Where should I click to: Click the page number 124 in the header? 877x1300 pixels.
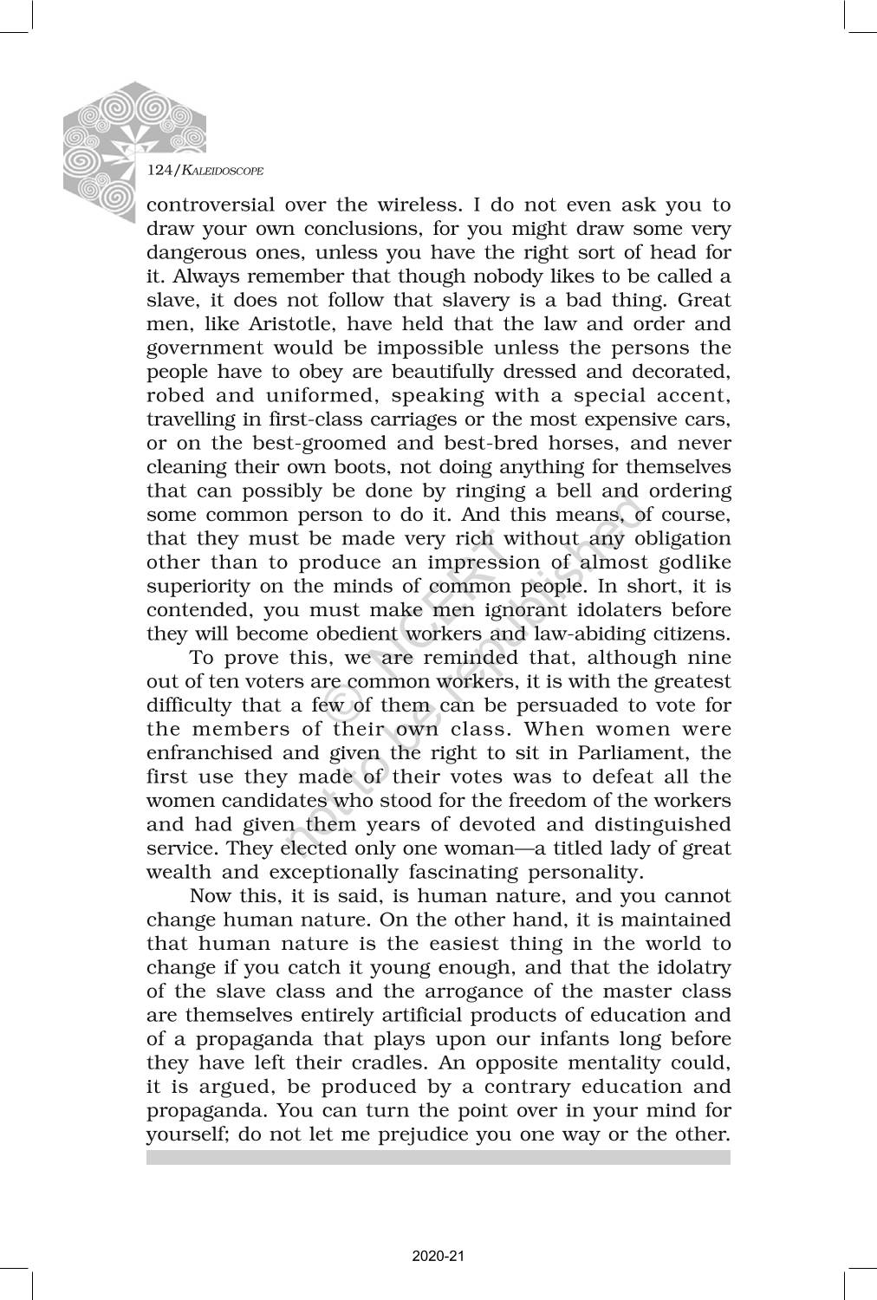coord(159,171)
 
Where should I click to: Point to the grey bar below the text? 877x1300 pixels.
coord(438,1157)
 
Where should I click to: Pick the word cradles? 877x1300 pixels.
coord(387,1063)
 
